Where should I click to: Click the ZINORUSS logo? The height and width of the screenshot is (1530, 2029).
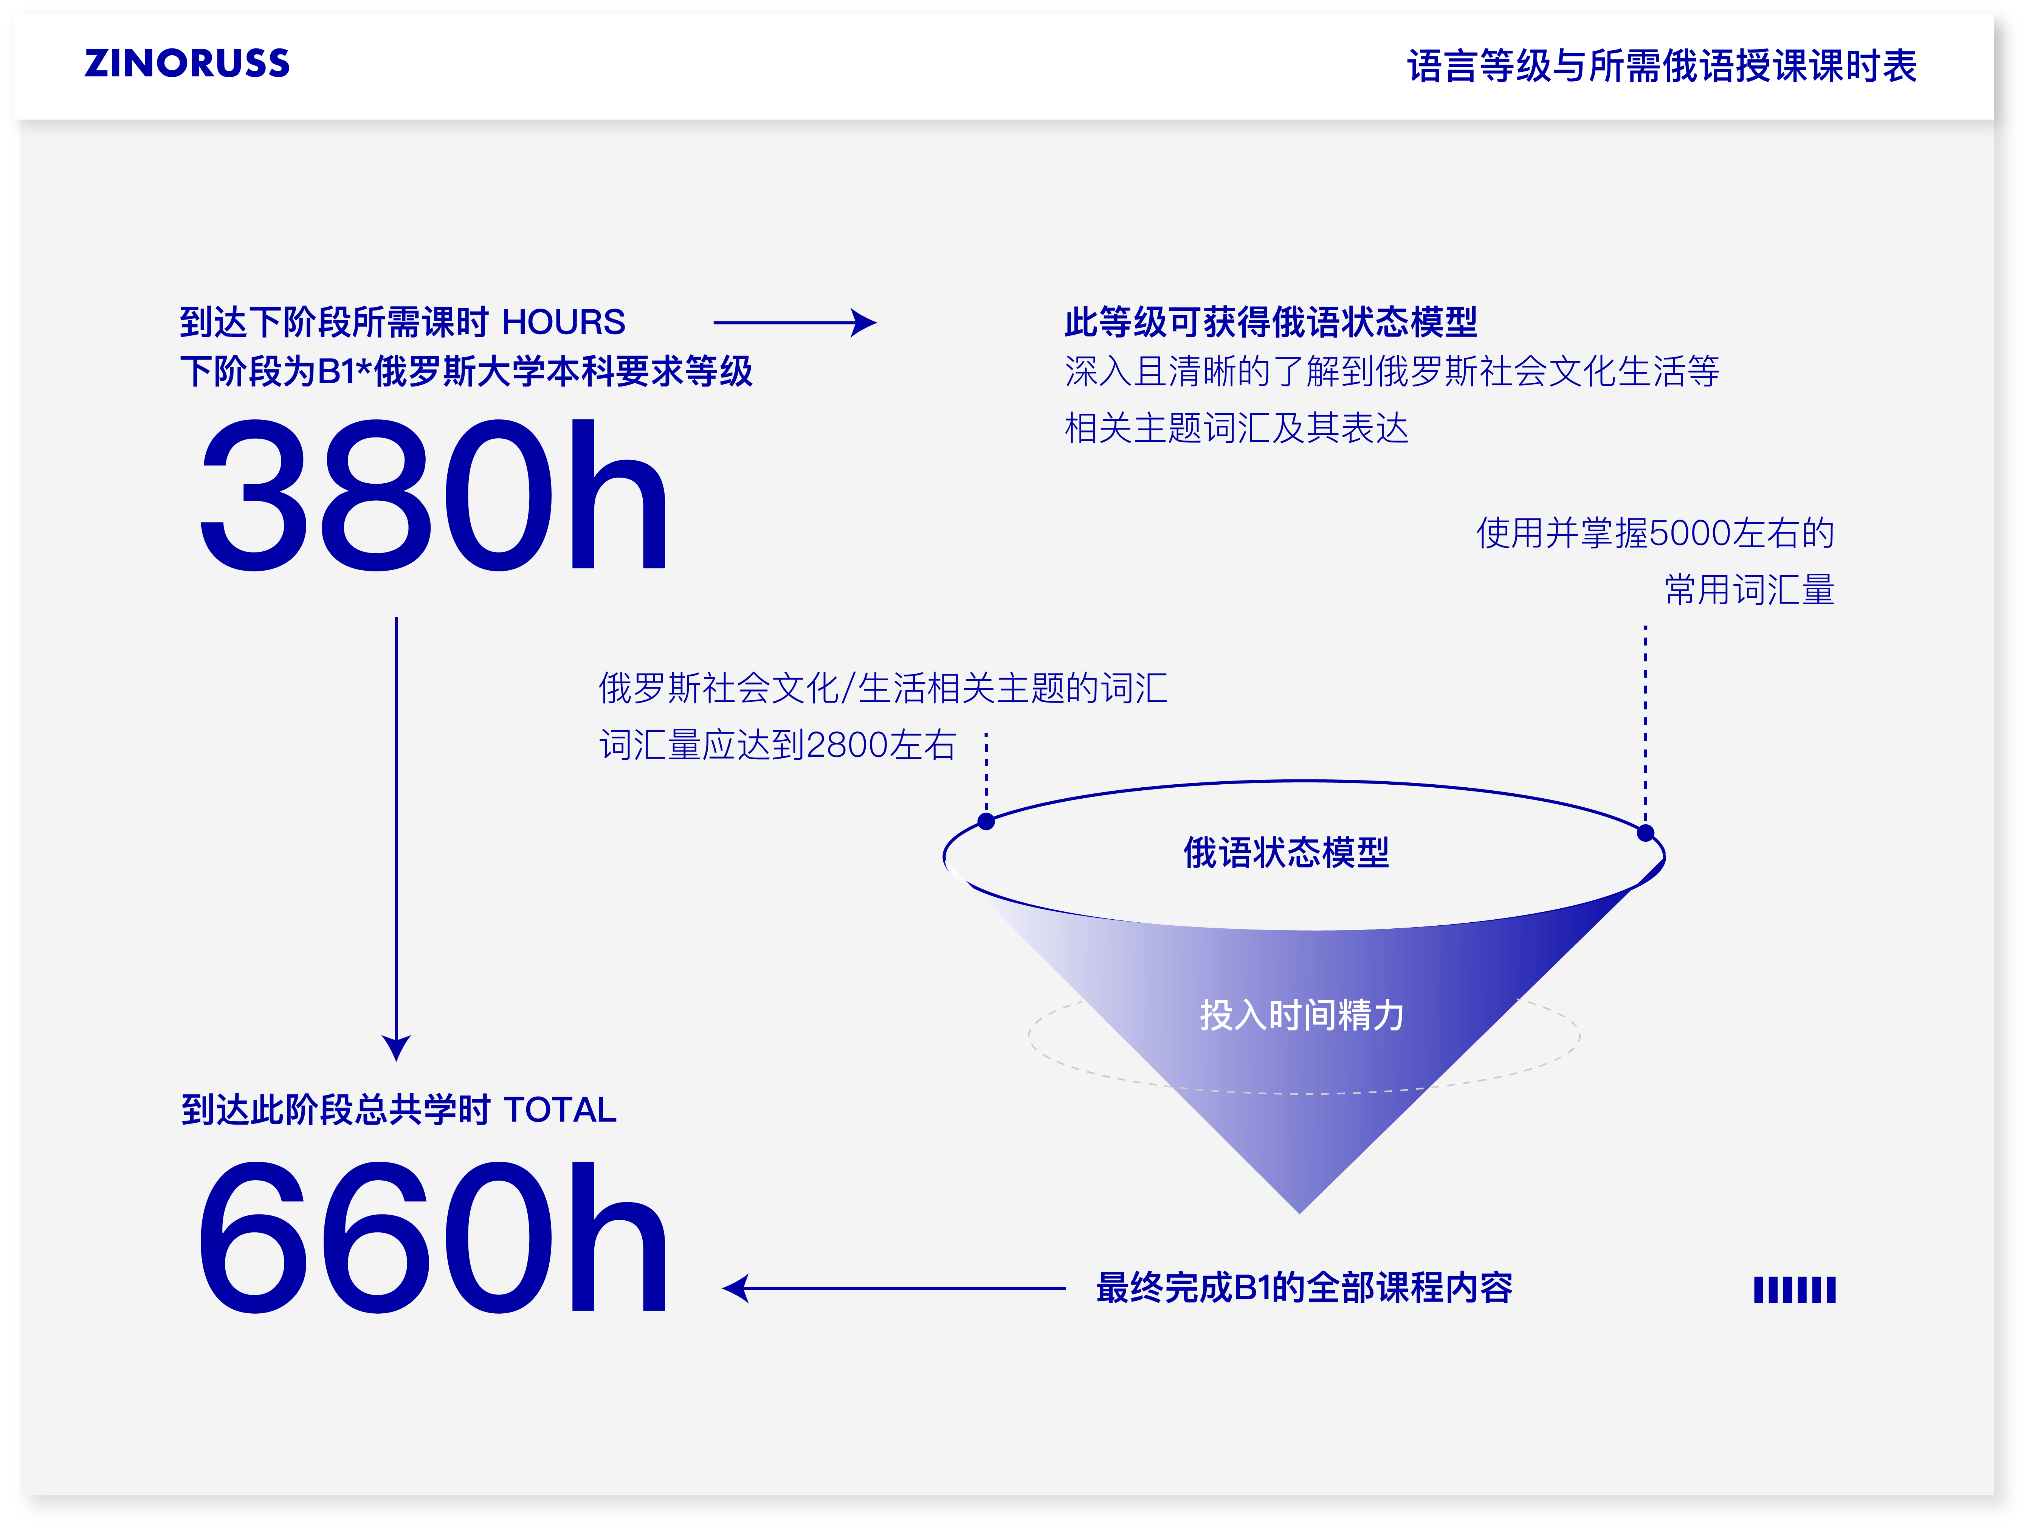point(187,63)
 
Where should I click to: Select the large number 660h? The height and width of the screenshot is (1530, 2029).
point(433,1238)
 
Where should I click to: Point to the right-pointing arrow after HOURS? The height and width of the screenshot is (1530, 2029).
point(794,323)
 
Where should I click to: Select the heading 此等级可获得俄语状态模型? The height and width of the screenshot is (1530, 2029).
point(1270,323)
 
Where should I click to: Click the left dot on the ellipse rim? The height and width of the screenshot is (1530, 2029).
point(986,821)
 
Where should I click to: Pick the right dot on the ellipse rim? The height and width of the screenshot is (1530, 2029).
point(1646,833)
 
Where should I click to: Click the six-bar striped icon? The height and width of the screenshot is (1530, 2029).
point(1794,1289)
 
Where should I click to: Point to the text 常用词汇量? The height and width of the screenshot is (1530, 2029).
point(1749,590)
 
